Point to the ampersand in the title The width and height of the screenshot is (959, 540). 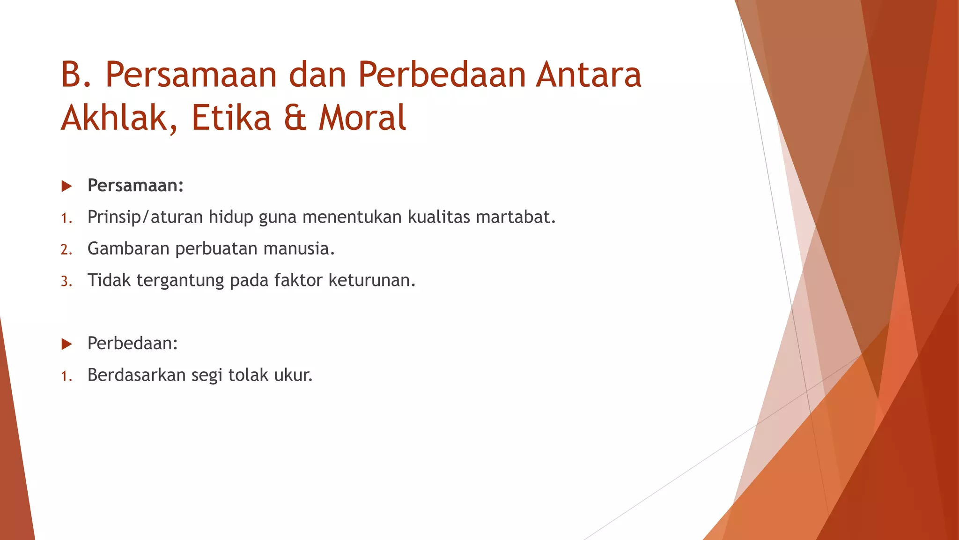(x=295, y=118)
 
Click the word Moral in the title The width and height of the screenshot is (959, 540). (x=362, y=118)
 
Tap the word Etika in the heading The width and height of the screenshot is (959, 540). (x=231, y=118)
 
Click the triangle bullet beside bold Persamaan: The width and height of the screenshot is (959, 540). (x=66, y=186)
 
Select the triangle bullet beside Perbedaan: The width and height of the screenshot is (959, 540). (x=66, y=344)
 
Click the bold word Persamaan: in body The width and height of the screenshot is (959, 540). (x=135, y=186)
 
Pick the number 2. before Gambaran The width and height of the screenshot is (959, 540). (x=66, y=249)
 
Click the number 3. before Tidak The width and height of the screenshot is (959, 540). (x=66, y=281)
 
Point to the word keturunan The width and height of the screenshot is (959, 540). (x=372, y=280)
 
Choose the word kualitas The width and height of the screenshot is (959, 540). (x=438, y=217)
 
